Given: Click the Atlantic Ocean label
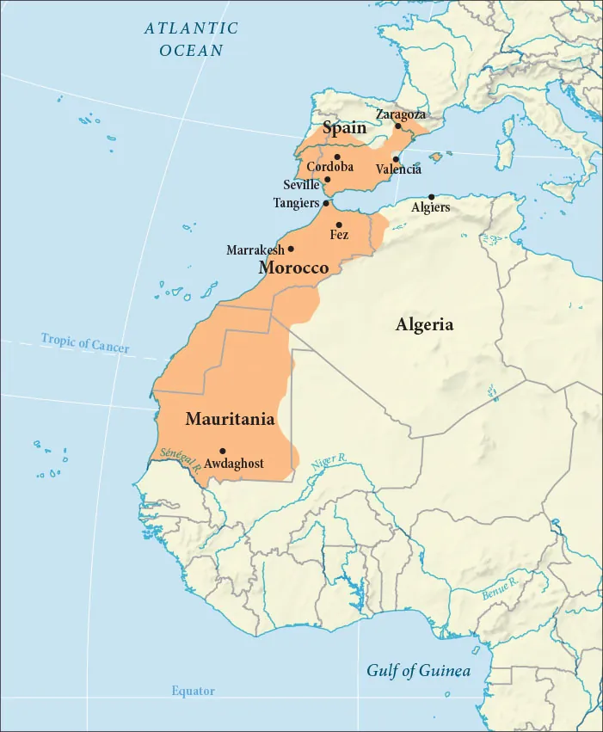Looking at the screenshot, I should click(191, 40).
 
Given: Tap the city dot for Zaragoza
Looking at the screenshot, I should click(397, 126).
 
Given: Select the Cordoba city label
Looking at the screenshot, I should click(330, 167).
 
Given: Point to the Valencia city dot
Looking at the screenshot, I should click(395, 159).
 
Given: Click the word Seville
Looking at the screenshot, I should click(301, 185).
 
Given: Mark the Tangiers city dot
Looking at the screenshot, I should click(325, 204).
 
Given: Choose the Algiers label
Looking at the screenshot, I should click(430, 208).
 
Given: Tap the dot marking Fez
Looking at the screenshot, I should click(339, 225).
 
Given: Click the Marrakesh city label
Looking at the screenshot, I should click(255, 250).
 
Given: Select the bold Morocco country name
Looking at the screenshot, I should click(293, 268).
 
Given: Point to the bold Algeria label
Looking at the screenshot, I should click(424, 325).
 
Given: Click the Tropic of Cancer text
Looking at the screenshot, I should click(85, 342).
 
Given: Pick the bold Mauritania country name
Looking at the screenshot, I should click(230, 420).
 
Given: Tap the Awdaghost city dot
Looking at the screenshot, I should click(223, 451).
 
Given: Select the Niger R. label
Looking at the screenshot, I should click(329, 461).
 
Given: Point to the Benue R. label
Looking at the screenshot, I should click(500, 587).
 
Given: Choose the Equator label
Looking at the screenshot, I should click(193, 691).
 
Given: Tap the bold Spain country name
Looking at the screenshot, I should click(344, 129).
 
